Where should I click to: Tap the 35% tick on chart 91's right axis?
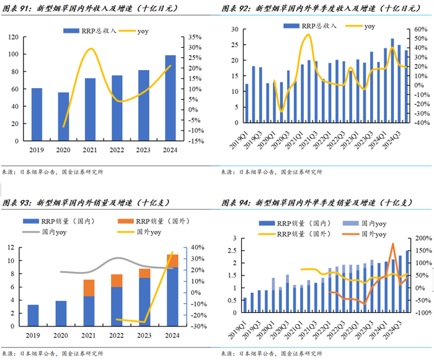click(x=195, y=37)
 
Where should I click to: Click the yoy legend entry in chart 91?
click(x=142, y=30)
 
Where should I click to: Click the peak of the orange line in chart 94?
click(x=393, y=244)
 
